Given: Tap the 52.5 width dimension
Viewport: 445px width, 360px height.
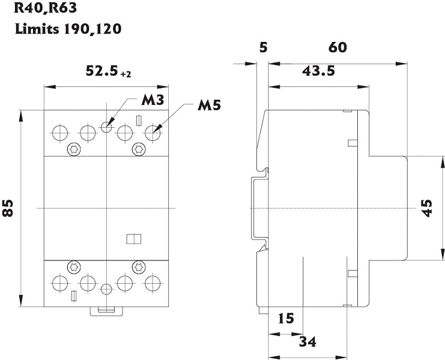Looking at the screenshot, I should coord(101,71).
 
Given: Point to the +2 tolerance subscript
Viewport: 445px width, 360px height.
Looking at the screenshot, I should coord(126,74).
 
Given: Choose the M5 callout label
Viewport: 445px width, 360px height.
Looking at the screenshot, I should coord(209,106).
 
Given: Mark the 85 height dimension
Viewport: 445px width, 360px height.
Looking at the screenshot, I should coord(8,208).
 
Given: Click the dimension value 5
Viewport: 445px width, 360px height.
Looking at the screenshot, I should coord(262,48).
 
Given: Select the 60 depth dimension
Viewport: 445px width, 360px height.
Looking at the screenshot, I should coord(338,48).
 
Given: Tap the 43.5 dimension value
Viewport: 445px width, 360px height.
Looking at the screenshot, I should coord(318,71).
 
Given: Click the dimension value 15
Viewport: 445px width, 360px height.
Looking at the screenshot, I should coord(286,318).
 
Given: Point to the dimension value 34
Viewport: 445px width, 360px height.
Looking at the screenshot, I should coord(307,342).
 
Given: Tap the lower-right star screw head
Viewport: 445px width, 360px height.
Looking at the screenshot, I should coord(138,266).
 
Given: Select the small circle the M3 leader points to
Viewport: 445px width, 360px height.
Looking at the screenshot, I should coord(106,127).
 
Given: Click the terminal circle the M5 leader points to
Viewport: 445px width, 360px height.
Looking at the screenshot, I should coord(153,132).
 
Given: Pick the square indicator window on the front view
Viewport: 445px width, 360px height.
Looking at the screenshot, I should coord(133,239).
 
